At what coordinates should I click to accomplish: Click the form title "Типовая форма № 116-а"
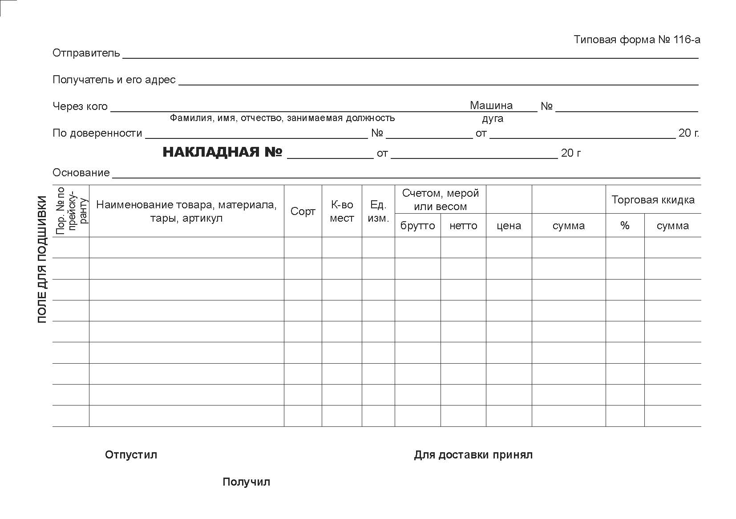[x=637, y=40]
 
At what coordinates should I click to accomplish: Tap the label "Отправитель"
[x=86, y=53]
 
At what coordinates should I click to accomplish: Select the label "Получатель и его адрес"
[x=114, y=80]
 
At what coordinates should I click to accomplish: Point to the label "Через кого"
[x=80, y=106]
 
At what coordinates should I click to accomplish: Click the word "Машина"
[x=491, y=105]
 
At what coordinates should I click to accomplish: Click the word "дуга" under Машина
[x=493, y=119]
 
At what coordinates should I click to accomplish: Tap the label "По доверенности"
[x=97, y=133]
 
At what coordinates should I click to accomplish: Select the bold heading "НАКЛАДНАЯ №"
[x=222, y=152]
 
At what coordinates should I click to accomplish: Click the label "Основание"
[x=81, y=173]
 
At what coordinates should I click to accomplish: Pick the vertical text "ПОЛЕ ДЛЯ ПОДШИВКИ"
[x=42, y=259]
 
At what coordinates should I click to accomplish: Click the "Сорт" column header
[x=303, y=211]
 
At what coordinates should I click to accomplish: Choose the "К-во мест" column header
[x=342, y=211]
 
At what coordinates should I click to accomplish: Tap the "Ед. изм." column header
[x=378, y=211]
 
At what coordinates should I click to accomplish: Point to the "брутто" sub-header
[x=417, y=226]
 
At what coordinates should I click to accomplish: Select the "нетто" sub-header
[x=463, y=226]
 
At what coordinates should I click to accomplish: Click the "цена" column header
[x=509, y=226]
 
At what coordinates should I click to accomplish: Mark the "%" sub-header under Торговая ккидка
[x=625, y=226]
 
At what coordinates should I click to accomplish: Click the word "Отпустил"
[x=131, y=455]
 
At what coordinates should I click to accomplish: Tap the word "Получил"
[x=246, y=482]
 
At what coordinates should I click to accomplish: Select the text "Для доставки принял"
[x=473, y=455]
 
